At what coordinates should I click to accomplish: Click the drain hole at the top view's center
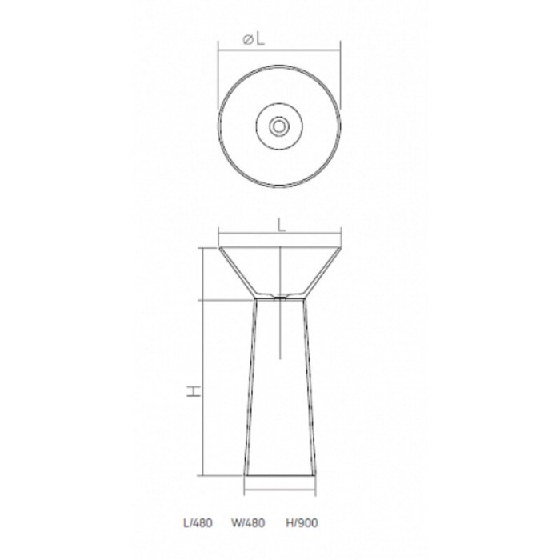tap(279, 126)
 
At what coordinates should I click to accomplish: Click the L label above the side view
tap(281, 226)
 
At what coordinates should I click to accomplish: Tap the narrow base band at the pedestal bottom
tap(279, 482)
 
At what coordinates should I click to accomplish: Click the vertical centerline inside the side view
tap(279, 328)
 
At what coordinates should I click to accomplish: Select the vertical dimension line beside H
tap(204, 360)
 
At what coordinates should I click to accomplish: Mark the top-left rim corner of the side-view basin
tap(220, 247)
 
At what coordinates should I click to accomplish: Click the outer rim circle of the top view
tap(219, 126)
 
